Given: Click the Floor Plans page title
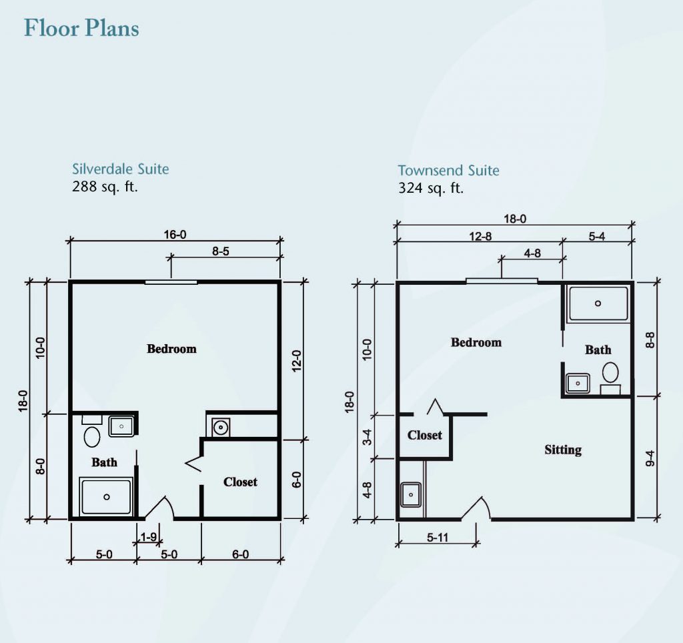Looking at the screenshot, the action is pos(81,28).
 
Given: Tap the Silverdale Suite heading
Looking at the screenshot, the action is pos(120,169).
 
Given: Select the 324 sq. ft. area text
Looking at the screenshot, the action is pos(431,188).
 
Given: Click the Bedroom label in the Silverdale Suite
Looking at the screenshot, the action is pos(171,348).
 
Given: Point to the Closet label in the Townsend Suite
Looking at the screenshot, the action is pos(425,435).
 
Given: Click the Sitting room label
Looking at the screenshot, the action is pos(563,450).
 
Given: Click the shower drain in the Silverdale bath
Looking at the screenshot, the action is pos(106,497).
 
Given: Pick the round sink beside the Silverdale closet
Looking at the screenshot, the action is pos(221,428).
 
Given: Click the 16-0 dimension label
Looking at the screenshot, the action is pos(175,235).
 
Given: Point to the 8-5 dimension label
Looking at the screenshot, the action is pos(221,251).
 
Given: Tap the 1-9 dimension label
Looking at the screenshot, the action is pos(149,537).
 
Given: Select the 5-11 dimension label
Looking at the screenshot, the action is pos(438,538).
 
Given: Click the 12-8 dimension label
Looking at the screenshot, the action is pos(480,237).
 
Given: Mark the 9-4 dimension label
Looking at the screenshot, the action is pos(650,458).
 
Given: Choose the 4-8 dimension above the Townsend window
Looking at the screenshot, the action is pos(532,253).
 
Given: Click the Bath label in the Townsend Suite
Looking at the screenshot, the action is pos(598,350).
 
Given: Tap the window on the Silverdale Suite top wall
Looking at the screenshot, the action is pos(171,282).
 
